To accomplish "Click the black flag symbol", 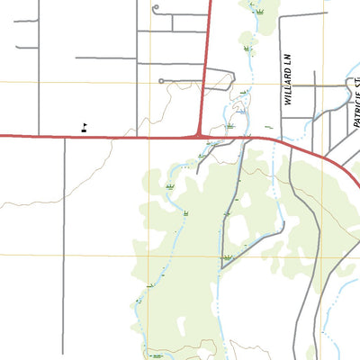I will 84,127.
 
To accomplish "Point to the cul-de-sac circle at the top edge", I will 156,9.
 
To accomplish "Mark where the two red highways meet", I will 199,136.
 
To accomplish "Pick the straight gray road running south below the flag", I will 65,234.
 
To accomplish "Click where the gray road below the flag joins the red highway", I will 65,138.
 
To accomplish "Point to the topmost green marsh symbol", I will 260,13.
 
